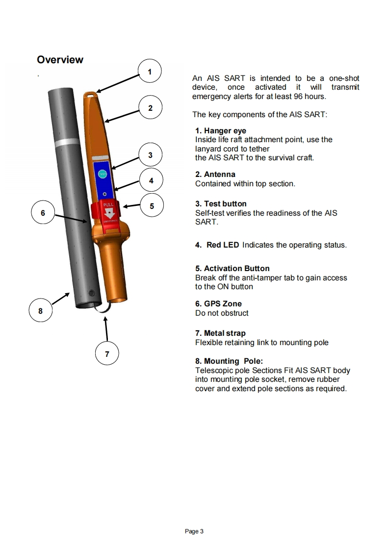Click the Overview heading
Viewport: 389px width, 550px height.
point(60,60)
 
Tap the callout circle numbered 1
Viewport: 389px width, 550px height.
point(150,72)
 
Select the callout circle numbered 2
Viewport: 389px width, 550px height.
point(150,108)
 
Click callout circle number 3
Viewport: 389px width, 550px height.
point(150,155)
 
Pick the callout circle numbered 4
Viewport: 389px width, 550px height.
point(151,180)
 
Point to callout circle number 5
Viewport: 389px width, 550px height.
point(152,206)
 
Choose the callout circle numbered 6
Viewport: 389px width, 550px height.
point(43,213)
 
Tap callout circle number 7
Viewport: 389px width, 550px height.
point(107,353)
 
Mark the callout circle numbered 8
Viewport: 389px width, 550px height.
point(40,310)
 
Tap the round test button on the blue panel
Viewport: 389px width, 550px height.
point(102,173)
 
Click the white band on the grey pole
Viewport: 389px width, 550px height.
point(67,142)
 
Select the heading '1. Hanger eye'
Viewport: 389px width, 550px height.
point(220,131)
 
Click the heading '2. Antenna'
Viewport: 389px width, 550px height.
point(215,175)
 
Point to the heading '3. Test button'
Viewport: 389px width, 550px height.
point(221,204)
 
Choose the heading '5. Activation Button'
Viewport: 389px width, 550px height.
point(232,269)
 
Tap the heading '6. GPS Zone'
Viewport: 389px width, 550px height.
point(218,304)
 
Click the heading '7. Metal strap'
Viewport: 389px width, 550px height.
point(220,333)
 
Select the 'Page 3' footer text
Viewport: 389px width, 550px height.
point(194,531)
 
